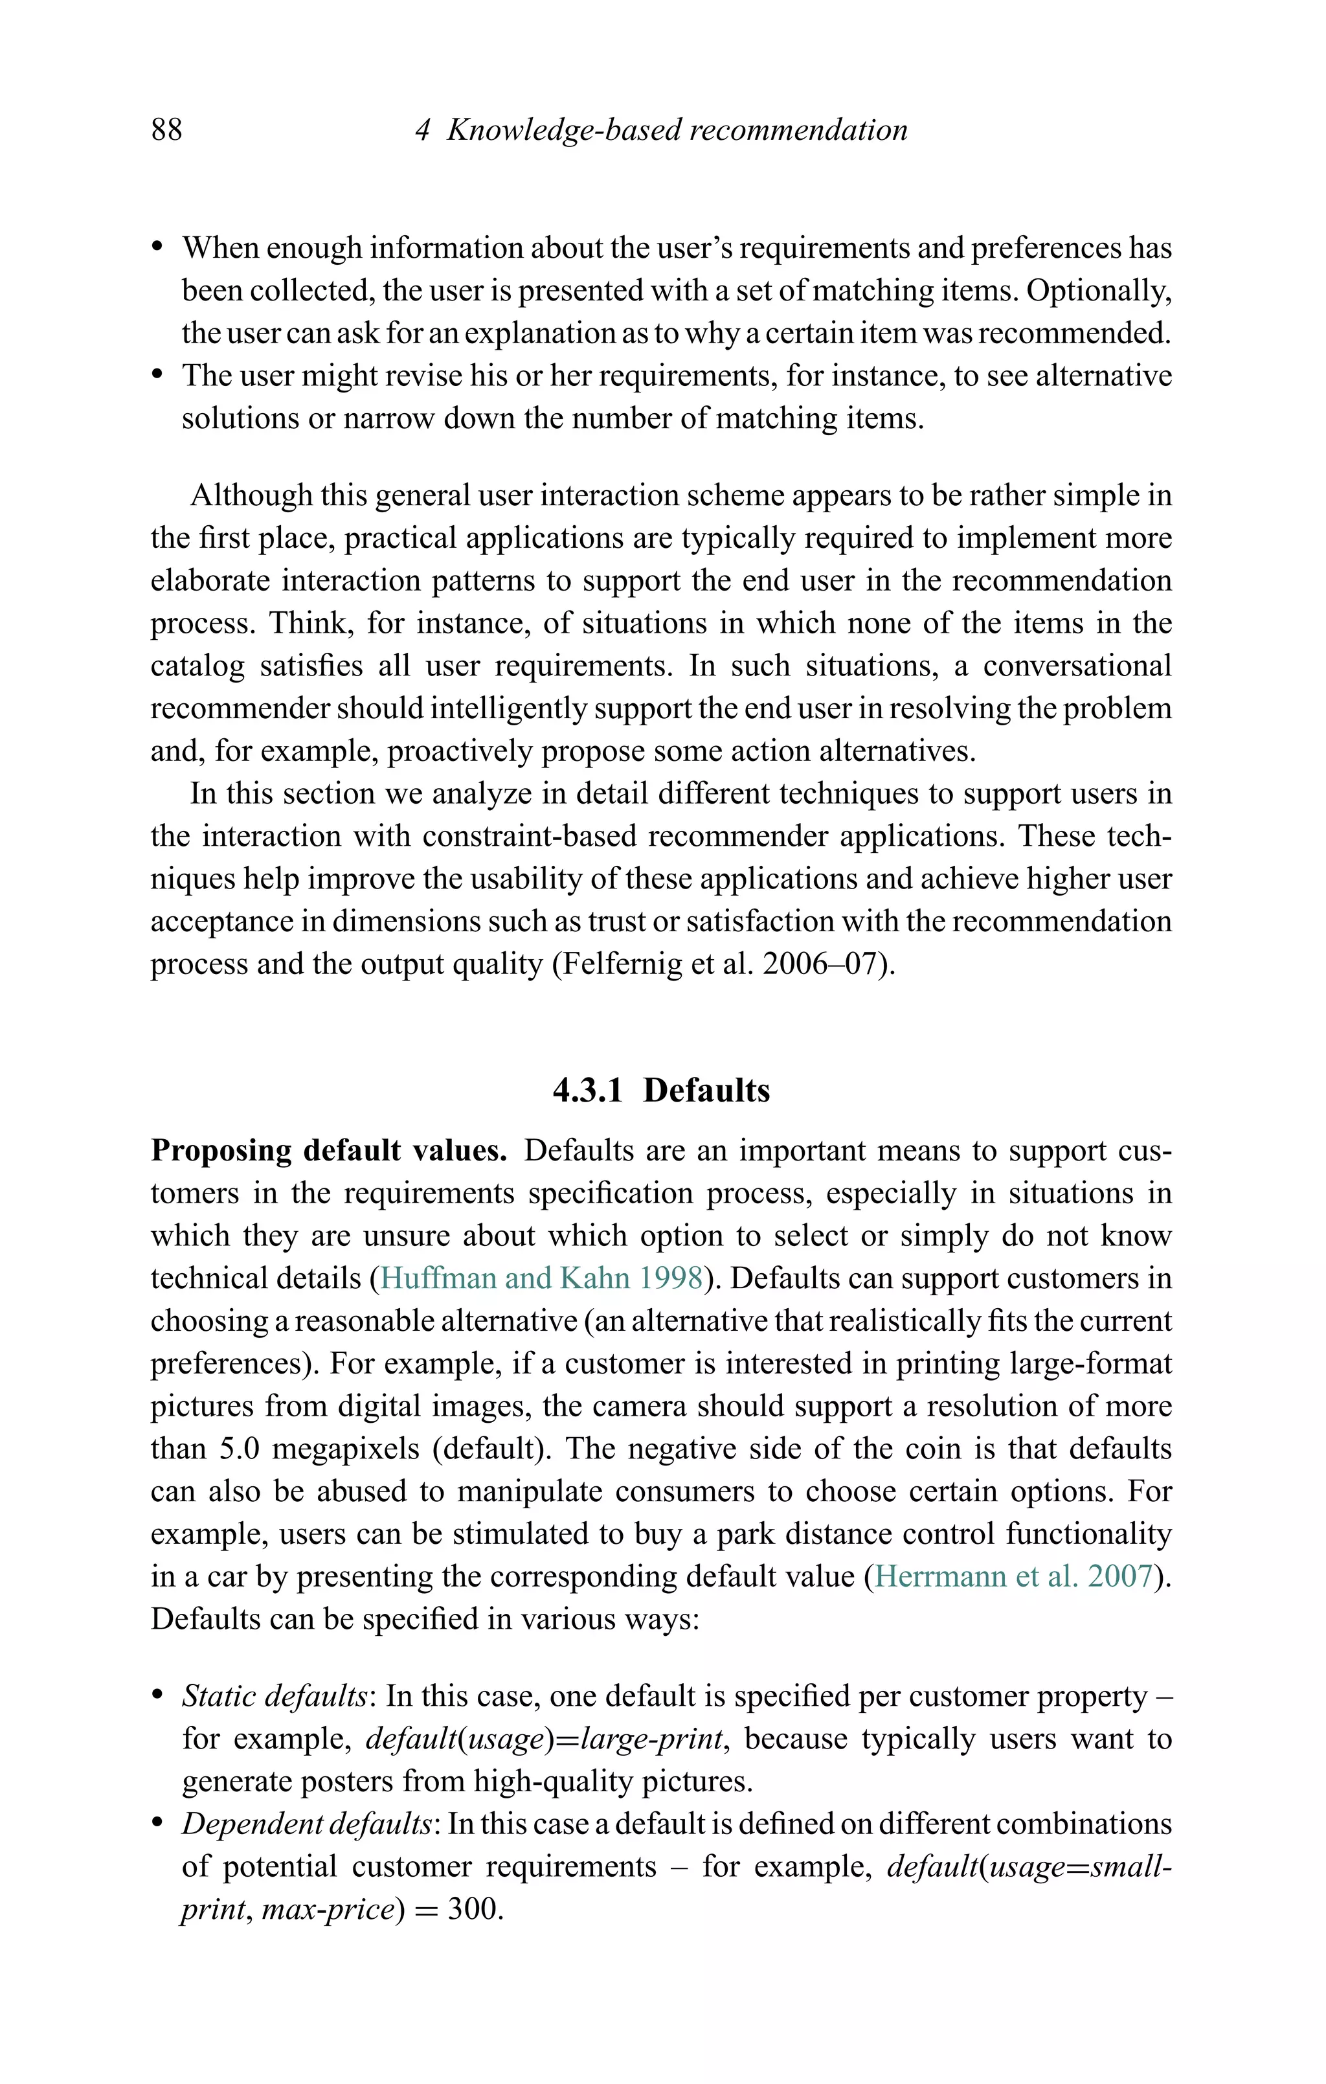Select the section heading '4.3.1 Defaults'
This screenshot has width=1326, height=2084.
pos(661,1090)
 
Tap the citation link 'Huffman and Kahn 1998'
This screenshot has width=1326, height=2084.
pos(541,1278)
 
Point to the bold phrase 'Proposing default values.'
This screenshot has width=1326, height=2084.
pos(329,1150)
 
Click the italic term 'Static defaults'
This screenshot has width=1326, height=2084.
pos(275,1695)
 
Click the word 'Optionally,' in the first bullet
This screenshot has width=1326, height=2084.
pos(1098,290)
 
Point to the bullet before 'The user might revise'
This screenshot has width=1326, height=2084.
pos(157,376)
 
